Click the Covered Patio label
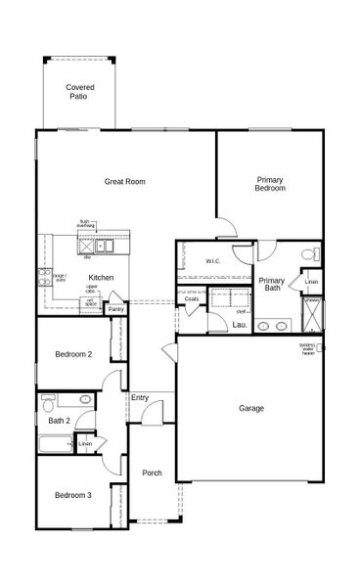(80, 92)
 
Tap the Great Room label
(125, 181)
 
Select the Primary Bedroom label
(270, 183)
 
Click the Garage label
(251, 408)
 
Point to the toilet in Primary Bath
(309, 255)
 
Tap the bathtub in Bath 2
(55, 444)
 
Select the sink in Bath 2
(85, 399)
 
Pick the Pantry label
(115, 309)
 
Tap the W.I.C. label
(214, 261)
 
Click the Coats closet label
(192, 298)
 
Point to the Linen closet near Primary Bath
(310, 283)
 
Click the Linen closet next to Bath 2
(86, 444)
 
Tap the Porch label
(152, 474)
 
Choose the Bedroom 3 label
(72, 496)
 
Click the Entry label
(140, 397)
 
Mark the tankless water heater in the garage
(321, 347)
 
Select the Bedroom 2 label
(72, 354)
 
